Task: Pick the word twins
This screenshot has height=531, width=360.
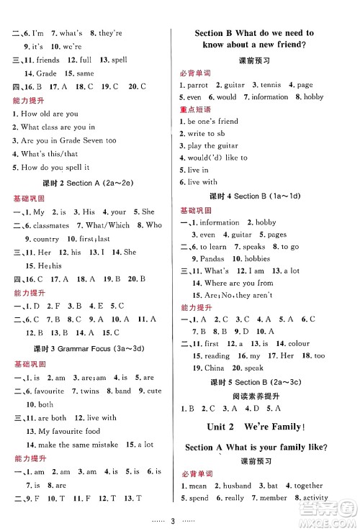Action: pyautogui.click(x=92, y=391)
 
